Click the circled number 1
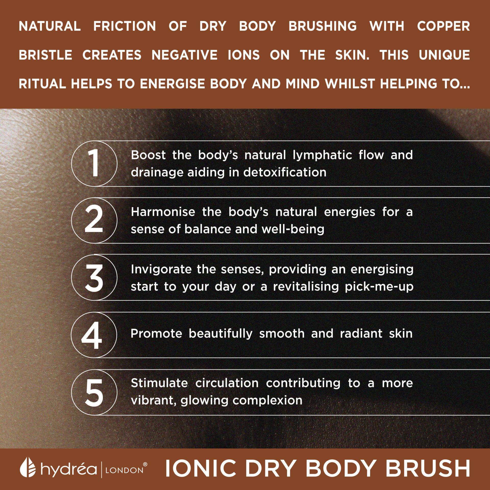point(94,163)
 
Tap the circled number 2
point(94,220)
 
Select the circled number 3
point(94,278)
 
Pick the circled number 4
point(94,335)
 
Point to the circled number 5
point(94,392)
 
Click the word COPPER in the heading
point(444,26)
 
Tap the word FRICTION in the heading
point(125,26)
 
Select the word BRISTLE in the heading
point(45,55)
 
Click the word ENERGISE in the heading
point(172,84)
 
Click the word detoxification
point(285,172)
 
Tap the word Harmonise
point(163,212)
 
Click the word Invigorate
point(161,269)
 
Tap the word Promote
point(156,334)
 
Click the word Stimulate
point(159,383)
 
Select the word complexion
point(267,400)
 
